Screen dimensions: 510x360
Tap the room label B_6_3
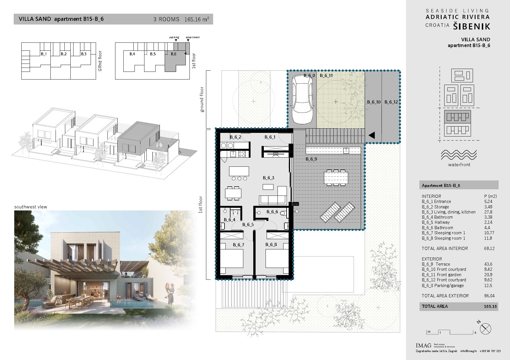(x=268, y=178)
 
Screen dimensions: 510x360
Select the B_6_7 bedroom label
(x=238, y=245)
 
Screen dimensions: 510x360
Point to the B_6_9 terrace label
(x=311, y=159)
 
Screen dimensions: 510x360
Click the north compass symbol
(x=485, y=329)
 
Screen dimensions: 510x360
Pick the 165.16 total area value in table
(x=490, y=307)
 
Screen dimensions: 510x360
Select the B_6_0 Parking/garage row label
(x=443, y=286)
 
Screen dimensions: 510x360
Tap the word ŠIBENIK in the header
(x=472, y=26)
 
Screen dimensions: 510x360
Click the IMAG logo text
(x=423, y=346)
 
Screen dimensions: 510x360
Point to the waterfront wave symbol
(x=459, y=155)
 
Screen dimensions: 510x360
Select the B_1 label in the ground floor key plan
(x=44, y=54)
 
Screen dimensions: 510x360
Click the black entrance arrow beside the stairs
(x=372, y=135)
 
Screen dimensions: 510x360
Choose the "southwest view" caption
(x=30, y=207)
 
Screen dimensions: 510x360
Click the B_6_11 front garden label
(x=326, y=76)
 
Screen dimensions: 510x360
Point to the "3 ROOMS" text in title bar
(x=166, y=19)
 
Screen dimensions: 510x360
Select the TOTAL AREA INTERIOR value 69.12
(x=489, y=249)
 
